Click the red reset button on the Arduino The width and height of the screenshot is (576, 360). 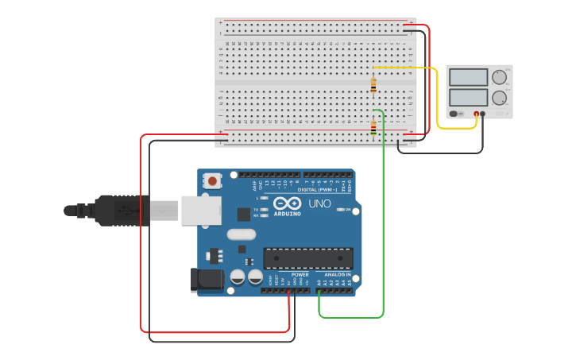pyautogui.click(x=212, y=181)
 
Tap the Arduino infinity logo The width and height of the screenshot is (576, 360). pyautogui.click(x=287, y=203)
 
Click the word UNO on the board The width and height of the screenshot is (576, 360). pyautogui.click(x=319, y=204)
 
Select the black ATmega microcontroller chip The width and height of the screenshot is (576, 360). pyautogui.click(x=307, y=258)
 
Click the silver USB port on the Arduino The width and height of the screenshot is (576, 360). pyautogui.click(x=201, y=210)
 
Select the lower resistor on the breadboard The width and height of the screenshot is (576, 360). pyautogui.click(x=373, y=126)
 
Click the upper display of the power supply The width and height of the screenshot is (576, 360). pyautogui.click(x=468, y=77)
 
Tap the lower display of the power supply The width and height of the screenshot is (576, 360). pyautogui.click(x=468, y=98)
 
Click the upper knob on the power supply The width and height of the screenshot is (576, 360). pyautogui.click(x=499, y=77)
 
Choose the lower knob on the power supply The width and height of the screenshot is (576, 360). pyautogui.click(x=499, y=98)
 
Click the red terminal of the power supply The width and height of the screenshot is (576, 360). pyautogui.click(x=477, y=114)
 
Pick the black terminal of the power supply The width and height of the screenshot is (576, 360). pyautogui.click(x=483, y=114)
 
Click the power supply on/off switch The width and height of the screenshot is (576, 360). pyautogui.click(x=455, y=114)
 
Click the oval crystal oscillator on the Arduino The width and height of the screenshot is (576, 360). pyautogui.click(x=241, y=234)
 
